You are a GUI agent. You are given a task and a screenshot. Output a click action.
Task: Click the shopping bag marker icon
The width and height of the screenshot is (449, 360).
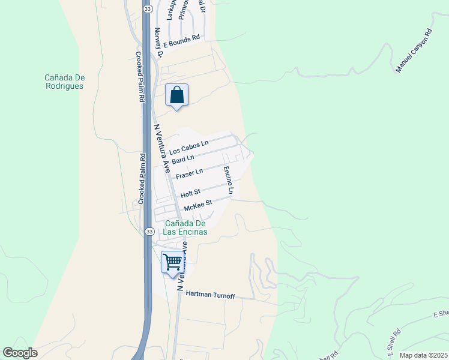click(x=176, y=95)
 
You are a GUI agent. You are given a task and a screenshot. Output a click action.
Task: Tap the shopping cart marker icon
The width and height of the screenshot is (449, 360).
click(x=172, y=262)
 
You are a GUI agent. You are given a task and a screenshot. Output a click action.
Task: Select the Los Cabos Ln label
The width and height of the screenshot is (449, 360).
click(x=188, y=144)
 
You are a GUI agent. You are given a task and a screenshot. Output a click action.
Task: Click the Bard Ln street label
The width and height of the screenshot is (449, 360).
click(x=183, y=159)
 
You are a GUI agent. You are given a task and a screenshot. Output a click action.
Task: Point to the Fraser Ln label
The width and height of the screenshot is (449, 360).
click(x=190, y=174)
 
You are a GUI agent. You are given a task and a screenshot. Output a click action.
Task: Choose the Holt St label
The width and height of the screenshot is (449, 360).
click(x=190, y=193)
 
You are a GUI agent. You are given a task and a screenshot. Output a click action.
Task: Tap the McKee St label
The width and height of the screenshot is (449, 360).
click(x=198, y=205)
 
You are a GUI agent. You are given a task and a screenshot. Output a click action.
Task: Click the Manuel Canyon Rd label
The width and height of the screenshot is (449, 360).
click(x=414, y=50)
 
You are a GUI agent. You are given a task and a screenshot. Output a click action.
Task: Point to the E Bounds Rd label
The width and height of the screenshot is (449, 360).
click(x=181, y=41)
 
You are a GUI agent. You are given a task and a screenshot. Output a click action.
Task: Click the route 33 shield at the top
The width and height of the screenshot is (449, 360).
click(x=147, y=9)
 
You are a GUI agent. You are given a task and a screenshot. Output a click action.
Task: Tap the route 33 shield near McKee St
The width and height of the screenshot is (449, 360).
click(x=149, y=231)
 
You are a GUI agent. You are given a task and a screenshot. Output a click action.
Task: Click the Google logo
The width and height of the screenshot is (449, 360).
click(x=20, y=353)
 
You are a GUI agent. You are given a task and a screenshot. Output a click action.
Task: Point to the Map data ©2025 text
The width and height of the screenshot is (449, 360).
click(x=423, y=355)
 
